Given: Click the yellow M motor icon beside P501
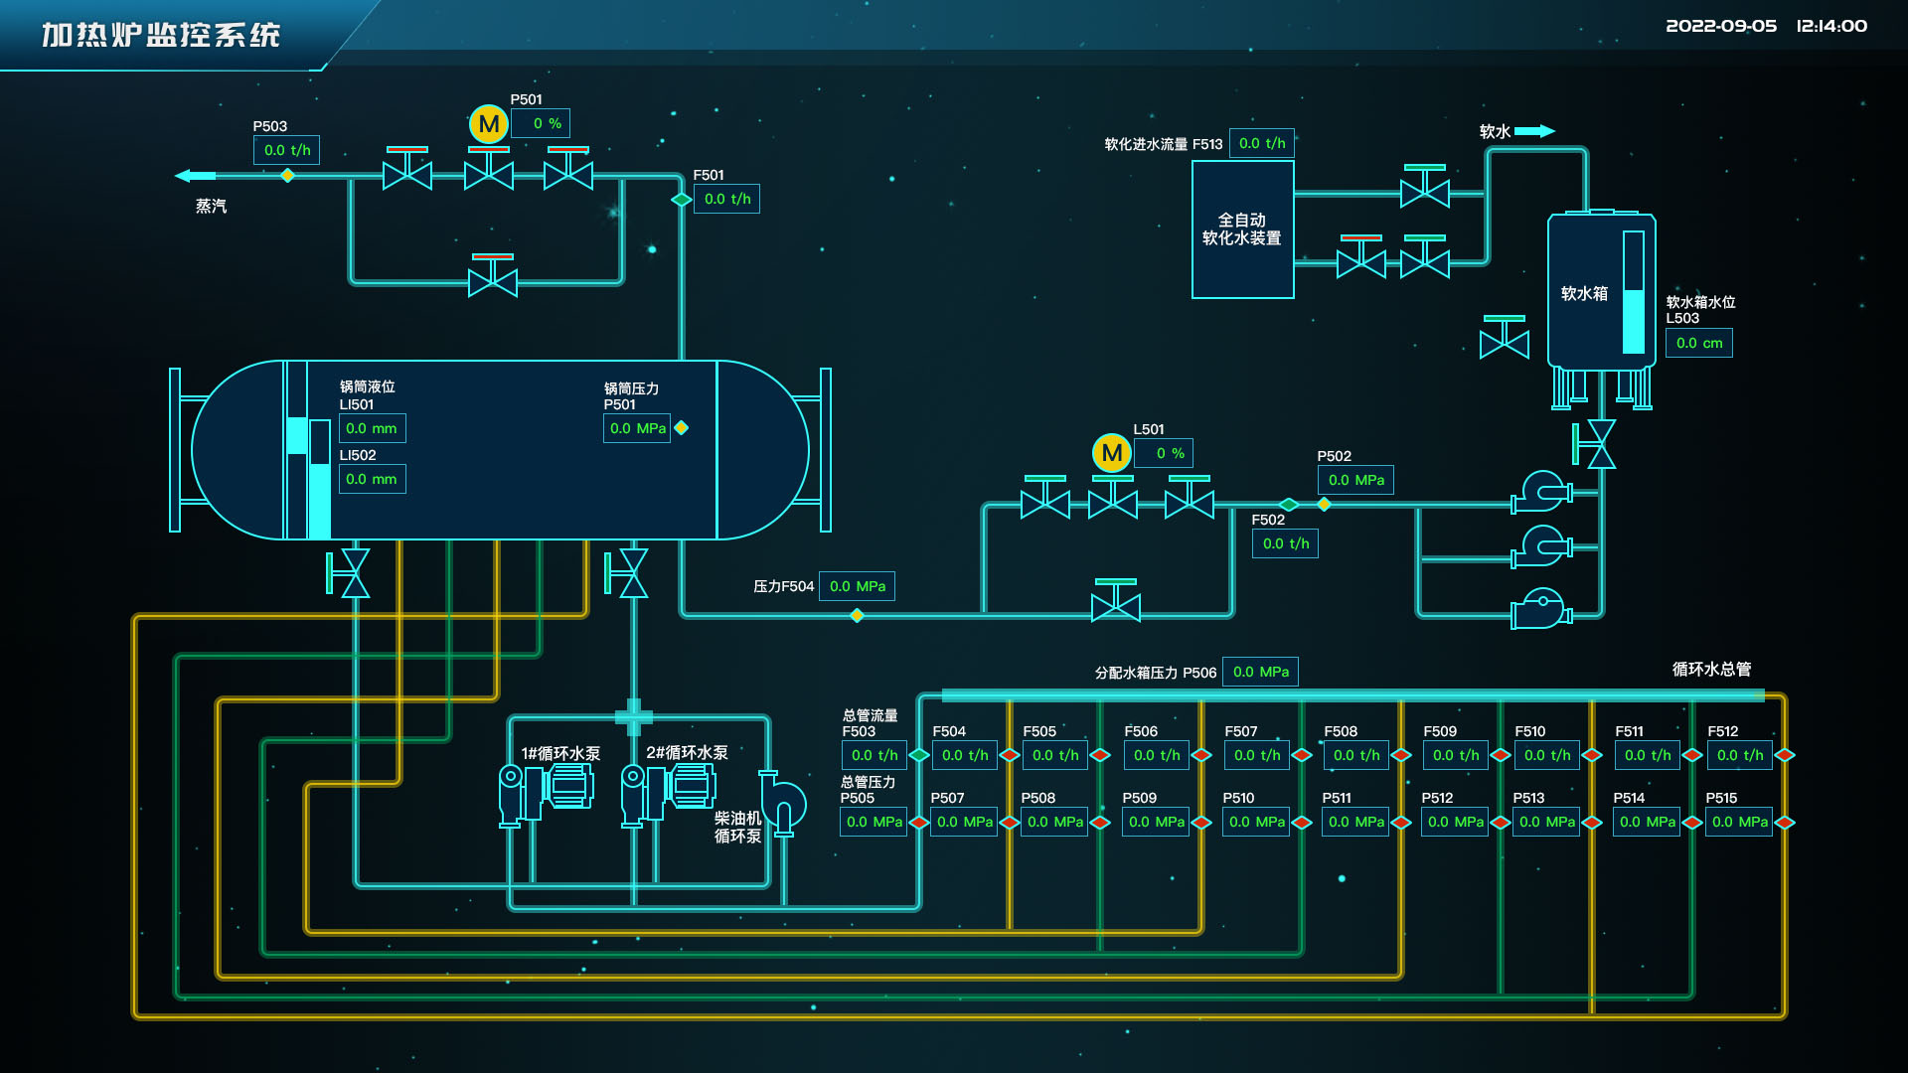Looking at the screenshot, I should pyautogui.click(x=488, y=124).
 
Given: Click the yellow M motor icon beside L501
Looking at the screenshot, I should pyautogui.click(x=1111, y=453).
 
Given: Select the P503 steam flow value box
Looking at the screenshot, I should pyautogui.click(x=286, y=150).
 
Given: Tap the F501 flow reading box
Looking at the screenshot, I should pyautogui.click(x=726, y=199).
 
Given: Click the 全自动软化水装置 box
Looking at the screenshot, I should pyautogui.click(x=1242, y=230).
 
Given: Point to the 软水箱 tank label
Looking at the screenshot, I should pyautogui.click(x=1584, y=293).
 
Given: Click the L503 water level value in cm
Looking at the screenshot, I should pyautogui.click(x=1698, y=343).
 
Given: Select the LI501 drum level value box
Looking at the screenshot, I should pyautogui.click(x=372, y=428).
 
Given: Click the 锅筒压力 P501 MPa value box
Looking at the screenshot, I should pyautogui.click(x=637, y=428).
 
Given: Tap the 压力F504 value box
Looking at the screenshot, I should pyautogui.click(x=857, y=586).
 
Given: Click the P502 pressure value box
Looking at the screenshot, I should pyautogui.click(x=1355, y=480).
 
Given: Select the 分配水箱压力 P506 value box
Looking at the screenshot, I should pyautogui.click(x=1260, y=672).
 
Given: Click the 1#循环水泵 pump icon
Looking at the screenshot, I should pyautogui.click(x=547, y=791).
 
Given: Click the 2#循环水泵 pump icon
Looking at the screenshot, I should pyautogui.click(x=669, y=791).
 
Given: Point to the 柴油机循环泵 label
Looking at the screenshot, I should pyautogui.click(x=737, y=827).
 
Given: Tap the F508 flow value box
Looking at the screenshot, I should pyautogui.click(x=1355, y=755).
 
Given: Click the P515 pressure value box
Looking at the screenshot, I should pyautogui.click(x=1739, y=822).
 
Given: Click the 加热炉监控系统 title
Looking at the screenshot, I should pyautogui.click(x=161, y=35).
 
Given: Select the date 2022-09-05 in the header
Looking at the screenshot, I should pyautogui.click(x=1720, y=26).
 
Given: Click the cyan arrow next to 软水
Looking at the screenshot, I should pyautogui.click(x=1534, y=131).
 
